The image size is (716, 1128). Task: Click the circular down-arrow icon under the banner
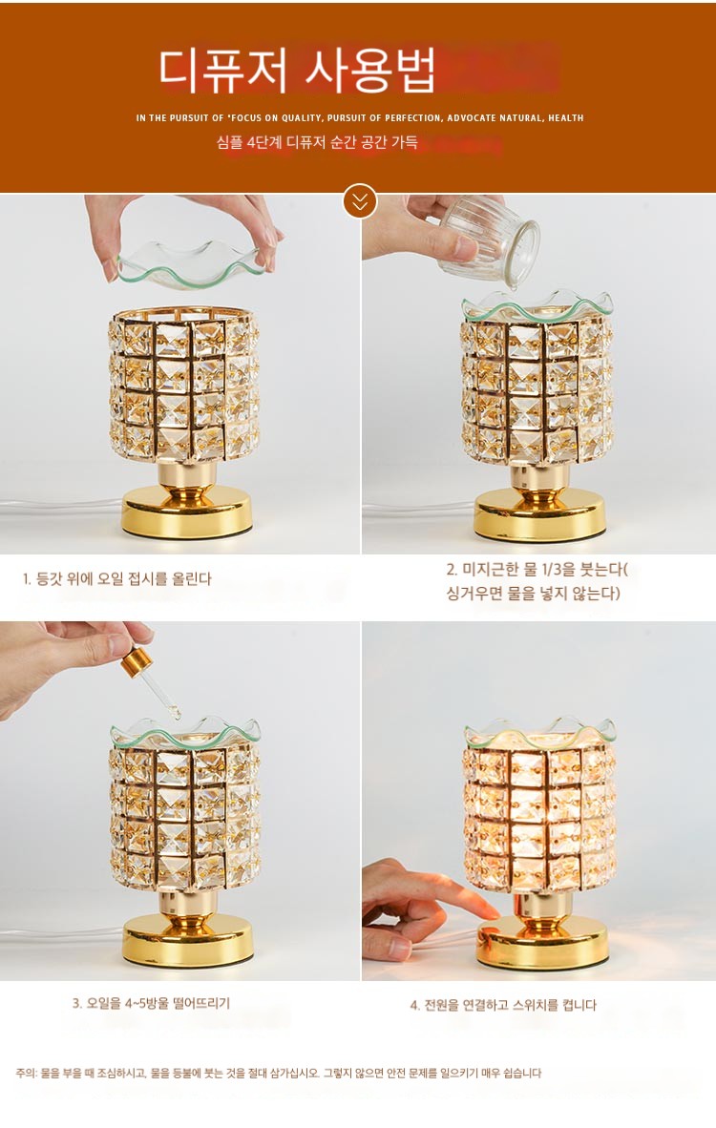click(x=360, y=201)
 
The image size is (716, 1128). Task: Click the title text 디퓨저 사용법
click(x=297, y=71)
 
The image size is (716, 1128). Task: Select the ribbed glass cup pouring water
click(x=489, y=241)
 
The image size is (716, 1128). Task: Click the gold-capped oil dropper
click(x=150, y=679)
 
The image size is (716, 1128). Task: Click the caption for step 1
click(x=116, y=578)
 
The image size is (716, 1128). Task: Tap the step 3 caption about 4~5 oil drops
click(x=151, y=1003)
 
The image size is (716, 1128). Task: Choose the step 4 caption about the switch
click(x=503, y=1005)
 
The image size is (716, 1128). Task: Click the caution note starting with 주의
click(x=279, y=1073)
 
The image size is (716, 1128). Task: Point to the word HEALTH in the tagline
click(x=565, y=118)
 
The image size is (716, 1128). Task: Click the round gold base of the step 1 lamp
click(x=187, y=511)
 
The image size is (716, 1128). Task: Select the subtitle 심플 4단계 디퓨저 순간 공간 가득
click(x=317, y=142)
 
